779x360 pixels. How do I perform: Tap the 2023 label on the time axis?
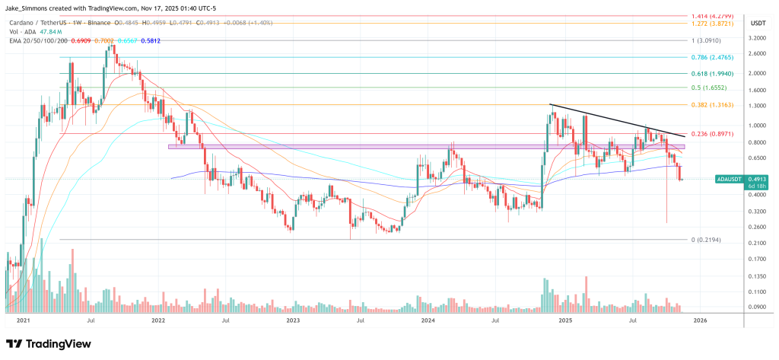[x=293, y=320]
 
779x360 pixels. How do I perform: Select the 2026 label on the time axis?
[x=699, y=320]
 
